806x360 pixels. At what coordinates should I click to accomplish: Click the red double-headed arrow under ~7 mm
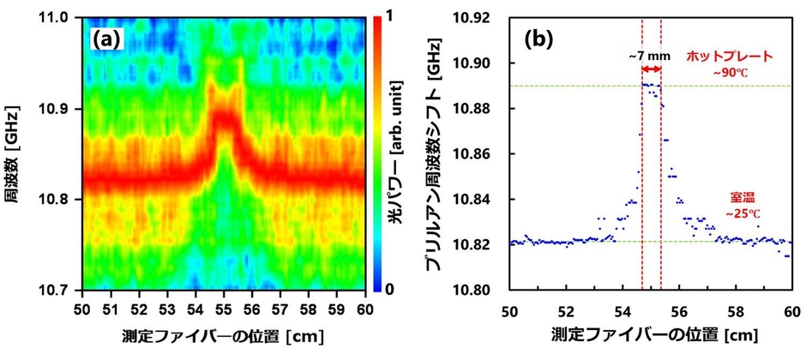[652, 69]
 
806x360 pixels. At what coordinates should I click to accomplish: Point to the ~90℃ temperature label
[730, 72]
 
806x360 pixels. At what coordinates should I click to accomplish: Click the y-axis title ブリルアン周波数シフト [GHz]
[448, 154]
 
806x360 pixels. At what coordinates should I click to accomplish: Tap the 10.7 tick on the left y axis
[59, 290]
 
